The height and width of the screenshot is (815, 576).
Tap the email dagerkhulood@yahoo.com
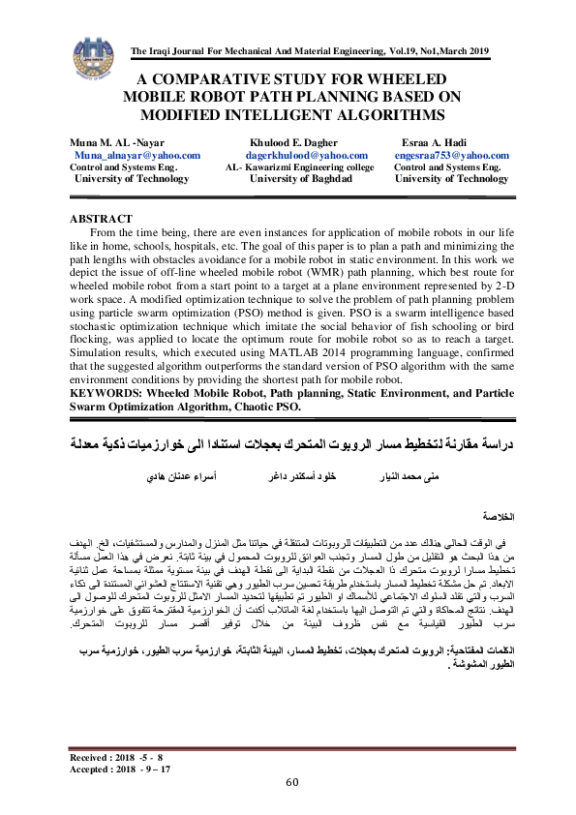(307, 155)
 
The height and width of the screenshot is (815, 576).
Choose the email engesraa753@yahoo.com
(453, 155)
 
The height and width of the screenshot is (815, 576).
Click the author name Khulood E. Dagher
(294, 142)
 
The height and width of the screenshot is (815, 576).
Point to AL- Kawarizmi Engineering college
(307, 167)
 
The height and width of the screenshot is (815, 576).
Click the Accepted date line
(120, 768)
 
